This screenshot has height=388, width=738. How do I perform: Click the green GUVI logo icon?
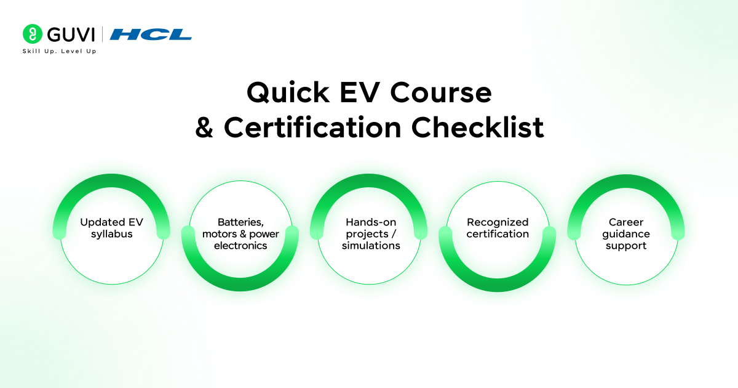point(32,34)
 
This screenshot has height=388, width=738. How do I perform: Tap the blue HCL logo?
point(151,34)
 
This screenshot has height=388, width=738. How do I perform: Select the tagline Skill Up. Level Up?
point(59,51)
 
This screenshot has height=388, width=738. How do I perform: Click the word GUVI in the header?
point(69,34)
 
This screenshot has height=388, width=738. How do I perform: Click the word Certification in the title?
point(312,128)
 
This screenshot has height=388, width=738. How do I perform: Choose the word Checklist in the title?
point(478,128)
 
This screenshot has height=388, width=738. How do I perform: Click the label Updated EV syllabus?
point(111,228)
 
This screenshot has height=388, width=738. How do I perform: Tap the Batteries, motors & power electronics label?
point(240,233)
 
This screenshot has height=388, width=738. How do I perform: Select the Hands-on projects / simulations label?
point(369,233)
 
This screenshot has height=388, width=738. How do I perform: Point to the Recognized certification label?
point(498,228)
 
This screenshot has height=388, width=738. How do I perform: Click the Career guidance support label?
point(626,233)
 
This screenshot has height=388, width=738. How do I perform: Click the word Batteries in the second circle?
point(240,222)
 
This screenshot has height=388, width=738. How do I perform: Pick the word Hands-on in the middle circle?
point(369,222)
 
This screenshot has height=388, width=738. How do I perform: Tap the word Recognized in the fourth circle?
point(498,222)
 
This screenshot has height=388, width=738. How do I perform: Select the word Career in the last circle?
point(626,222)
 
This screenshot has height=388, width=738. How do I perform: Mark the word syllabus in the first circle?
point(111,234)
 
